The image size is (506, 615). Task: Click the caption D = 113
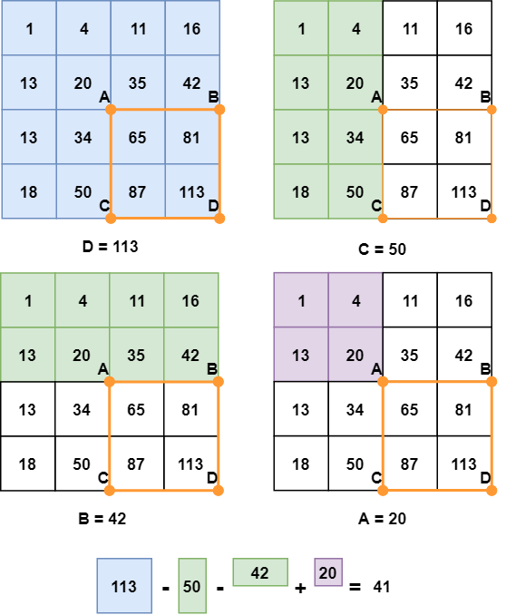pyautogui.click(x=111, y=247)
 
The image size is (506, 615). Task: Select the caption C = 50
pyautogui.click(x=382, y=249)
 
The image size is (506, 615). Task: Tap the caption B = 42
pyautogui.click(x=102, y=519)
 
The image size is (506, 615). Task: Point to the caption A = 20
pyautogui.click(x=382, y=519)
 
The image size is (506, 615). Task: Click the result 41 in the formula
pyautogui.click(x=382, y=587)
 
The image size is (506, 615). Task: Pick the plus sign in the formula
pyautogui.click(x=300, y=588)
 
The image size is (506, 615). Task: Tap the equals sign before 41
pyautogui.click(x=355, y=587)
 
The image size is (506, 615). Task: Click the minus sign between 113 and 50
pyautogui.click(x=166, y=589)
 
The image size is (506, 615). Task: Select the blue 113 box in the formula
pyautogui.click(x=124, y=586)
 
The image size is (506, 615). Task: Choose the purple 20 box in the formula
pyautogui.click(x=328, y=572)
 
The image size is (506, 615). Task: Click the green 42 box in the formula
pyautogui.click(x=260, y=572)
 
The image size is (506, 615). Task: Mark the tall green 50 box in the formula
pyautogui.click(x=192, y=586)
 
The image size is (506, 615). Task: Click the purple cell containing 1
pyautogui.click(x=301, y=300)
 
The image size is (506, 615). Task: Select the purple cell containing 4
pyautogui.click(x=355, y=300)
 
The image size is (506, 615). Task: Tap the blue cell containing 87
pyautogui.click(x=138, y=191)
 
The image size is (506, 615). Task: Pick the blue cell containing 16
pyautogui.click(x=192, y=28)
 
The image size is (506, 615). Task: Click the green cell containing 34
pyautogui.click(x=355, y=137)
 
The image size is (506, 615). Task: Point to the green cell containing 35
pyautogui.click(x=137, y=355)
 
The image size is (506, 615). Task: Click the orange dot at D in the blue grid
pyautogui.click(x=219, y=219)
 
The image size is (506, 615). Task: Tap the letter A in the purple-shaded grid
pyautogui.click(x=376, y=368)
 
